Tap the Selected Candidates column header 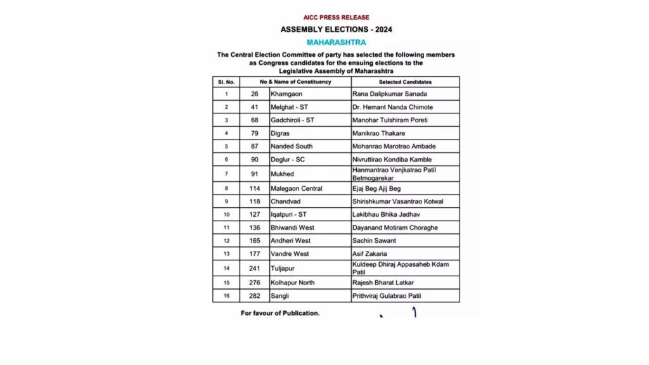point(406,82)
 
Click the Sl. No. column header point(226,82)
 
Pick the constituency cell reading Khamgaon point(286,94)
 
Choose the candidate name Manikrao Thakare point(378,134)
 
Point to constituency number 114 point(255,188)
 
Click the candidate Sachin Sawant point(374,241)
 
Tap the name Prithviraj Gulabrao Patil point(387,296)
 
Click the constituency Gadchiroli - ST point(293,120)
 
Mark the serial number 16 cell point(226,296)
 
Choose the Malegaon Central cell point(296,188)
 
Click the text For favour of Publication point(280,313)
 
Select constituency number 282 point(255,296)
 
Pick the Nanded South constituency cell point(292,146)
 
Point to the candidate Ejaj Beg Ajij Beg point(378,188)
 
